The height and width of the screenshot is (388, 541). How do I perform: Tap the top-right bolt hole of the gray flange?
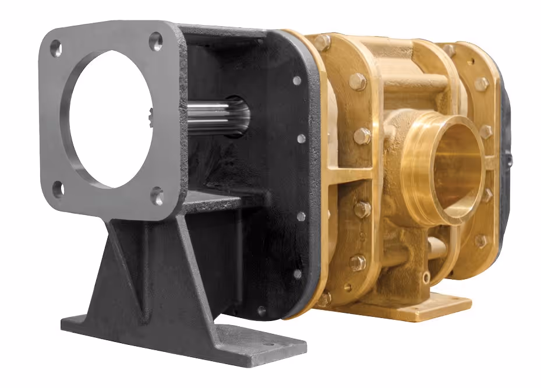point(156,41)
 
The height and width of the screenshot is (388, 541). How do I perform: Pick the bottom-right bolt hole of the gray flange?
point(157,196)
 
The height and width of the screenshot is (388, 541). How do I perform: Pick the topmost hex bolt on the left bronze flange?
point(321,42)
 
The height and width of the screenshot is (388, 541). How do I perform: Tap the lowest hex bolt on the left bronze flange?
point(324,299)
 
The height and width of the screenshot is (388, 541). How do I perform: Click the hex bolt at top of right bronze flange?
point(449,51)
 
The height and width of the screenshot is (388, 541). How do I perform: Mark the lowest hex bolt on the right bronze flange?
point(480,241)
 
